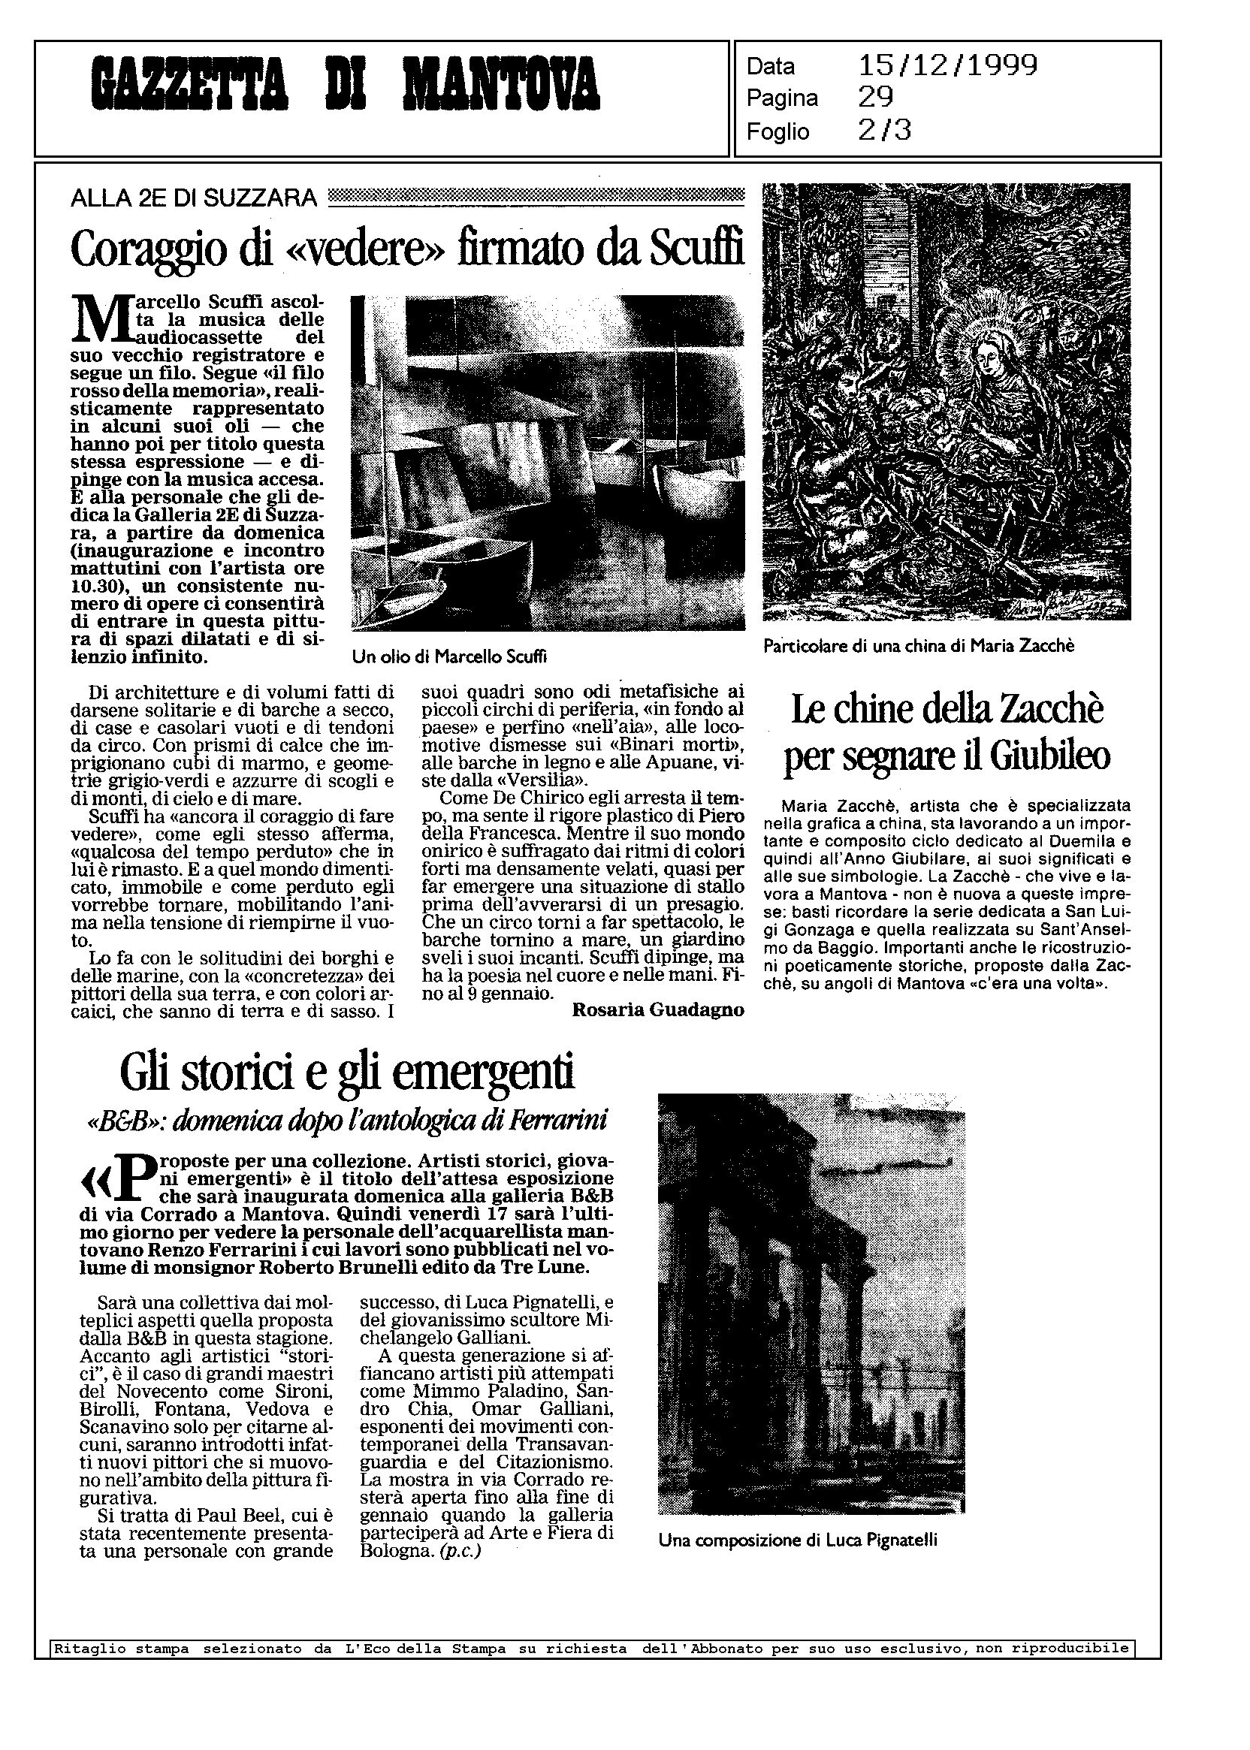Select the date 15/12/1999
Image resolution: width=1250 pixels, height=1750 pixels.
coord(947,65)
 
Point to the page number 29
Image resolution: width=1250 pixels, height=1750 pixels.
coord(876,98)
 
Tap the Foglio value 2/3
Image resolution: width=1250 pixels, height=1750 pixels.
coord(884,131)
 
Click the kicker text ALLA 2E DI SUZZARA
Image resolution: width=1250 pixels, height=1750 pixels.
coord(193,198)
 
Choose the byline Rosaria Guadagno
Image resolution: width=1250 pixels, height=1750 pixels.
coord(658,1010)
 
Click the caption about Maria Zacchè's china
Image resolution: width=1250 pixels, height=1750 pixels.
coord(918,647)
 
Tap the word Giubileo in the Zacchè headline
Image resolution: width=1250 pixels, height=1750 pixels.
coord(1050,756)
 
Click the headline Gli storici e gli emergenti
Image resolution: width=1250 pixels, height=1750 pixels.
coord(347,1073)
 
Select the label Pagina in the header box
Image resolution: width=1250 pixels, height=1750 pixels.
coord(782,98)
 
